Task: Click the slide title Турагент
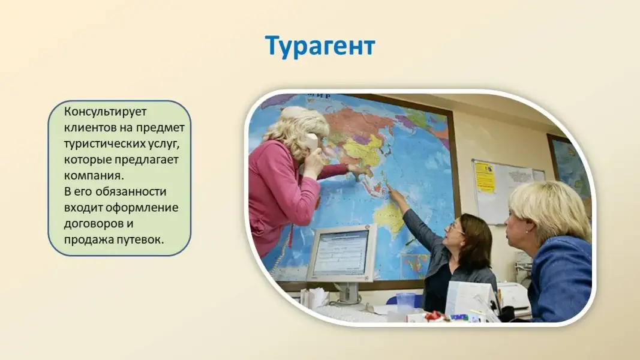320,46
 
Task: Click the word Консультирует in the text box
105,112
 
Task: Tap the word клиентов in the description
90,127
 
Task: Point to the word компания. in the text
94,176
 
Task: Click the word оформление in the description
142,208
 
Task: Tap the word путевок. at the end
140,239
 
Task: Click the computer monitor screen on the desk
340,253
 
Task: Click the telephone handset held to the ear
310,148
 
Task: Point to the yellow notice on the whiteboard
485,177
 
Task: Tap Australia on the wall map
390,218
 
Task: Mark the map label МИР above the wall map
319,97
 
